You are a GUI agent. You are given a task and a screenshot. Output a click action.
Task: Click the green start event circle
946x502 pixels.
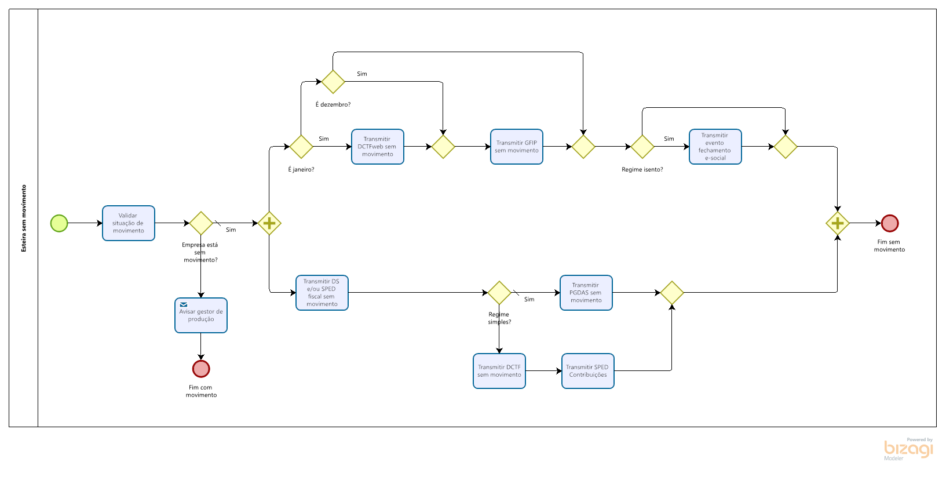pyautogui.click(x=59, y=223)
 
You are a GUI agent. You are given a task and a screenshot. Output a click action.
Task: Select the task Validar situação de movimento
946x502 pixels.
pyautogui.click(x=129, y=223)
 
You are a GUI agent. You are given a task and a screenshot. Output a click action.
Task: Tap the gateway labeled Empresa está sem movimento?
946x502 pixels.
pyautogui.click(x=201, y=223)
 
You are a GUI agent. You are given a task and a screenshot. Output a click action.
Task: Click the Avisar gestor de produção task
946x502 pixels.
pyautogui.click(x=201, y=315)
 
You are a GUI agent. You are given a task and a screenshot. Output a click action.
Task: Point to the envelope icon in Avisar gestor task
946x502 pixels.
pyautogui.click(x=184, y=304)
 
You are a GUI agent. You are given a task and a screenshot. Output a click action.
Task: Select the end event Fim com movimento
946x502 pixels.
pyautogui.click(x=201, y=369)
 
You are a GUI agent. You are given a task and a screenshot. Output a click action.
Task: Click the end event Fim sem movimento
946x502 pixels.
pyautogui.click(x=890, y=223)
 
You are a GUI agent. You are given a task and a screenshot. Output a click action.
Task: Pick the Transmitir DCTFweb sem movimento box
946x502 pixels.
pyautogui.click(x=378, y=147)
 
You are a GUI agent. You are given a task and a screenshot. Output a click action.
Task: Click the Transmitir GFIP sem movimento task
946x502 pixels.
pyautogui.click(x=517, y=147)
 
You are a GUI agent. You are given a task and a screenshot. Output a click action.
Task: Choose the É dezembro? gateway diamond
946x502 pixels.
pyautogui.click(x=333, y=82)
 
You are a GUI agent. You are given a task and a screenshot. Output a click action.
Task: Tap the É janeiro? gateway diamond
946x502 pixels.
pyautogui.click(x=301, y=147)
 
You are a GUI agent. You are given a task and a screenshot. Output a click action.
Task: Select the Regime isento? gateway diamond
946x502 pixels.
pyautogui.click(x=642, y=147)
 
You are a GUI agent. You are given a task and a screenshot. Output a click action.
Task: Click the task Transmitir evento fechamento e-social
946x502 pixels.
pyautogui.click(x=715, y=147)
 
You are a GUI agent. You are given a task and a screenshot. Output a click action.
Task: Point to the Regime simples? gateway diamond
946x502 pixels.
pyautogui.click(x=499, y=292)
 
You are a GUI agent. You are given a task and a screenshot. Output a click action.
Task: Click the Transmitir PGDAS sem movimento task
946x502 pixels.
pyautogui.click(x=586, y=292)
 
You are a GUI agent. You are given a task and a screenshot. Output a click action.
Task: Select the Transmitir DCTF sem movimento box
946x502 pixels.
pyautogui.click(x=499, y=371)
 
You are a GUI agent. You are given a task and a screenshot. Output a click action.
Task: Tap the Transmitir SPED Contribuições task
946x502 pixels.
pyautogui.click(x=588, y=371)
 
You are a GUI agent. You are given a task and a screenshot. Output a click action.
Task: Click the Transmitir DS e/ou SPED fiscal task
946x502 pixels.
pyautogui.click(x=322, y=292)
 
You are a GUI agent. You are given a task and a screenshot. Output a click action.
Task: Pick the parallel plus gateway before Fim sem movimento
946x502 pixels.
pyautogui.click(x=838, y=223)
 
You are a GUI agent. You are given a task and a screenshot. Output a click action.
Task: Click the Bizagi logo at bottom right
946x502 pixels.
pyautogui.click(x=908, y=449)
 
